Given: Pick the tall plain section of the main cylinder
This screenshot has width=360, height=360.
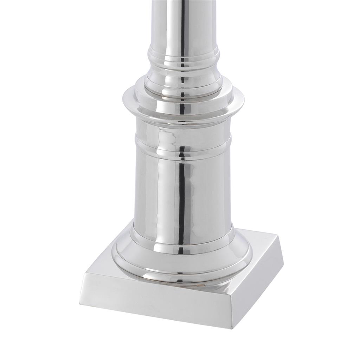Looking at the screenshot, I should point(158,190).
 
